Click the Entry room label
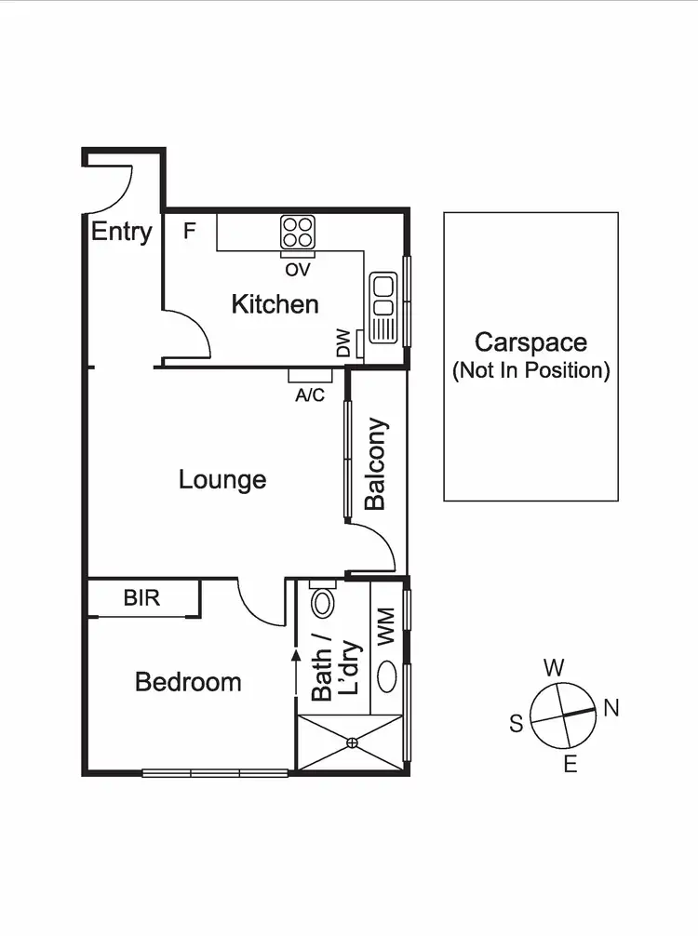pos(121,232)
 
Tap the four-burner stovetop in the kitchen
pos(298,232)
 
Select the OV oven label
pos(298,269)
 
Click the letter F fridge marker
pos(189,231)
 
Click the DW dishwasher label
pos(343,346)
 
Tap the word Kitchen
pos(275,304)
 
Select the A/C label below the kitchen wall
pos(310,395)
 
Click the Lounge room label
pos(222,479)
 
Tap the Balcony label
pos(375,464)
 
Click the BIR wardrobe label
pos(141,597)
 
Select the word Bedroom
pos(188,682)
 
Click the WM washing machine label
pos(385,625)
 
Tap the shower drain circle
pos(352,742)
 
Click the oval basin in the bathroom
pos(389,675)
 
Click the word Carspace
pos(530,342)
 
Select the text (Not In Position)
pos(530,370)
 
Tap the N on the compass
pos(611,708)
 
